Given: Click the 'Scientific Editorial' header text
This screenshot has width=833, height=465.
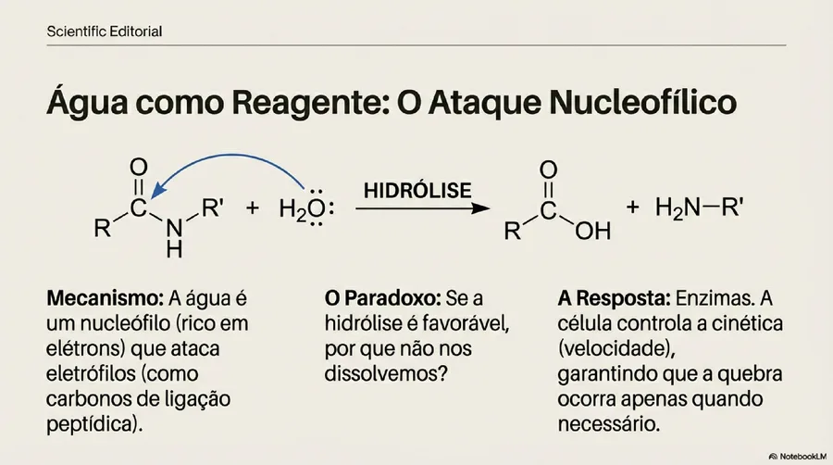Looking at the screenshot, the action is [x=104, y=31].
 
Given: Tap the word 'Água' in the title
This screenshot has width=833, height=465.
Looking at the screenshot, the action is [x=87, y=101].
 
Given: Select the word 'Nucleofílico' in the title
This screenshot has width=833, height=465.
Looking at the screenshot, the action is [x=643, y=102].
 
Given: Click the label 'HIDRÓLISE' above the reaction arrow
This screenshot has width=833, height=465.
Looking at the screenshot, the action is [x=417, y=190].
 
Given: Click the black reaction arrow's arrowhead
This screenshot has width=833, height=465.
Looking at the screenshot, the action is [x=480, y=208].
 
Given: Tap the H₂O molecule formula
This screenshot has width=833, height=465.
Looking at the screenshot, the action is [x=306, y=208].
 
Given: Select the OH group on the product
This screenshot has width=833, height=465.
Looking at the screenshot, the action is [x=593, y=231].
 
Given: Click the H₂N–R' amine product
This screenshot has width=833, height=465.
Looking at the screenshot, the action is [x=699, y=207].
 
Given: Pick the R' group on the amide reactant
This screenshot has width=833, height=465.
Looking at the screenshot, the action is [x=212, y=207].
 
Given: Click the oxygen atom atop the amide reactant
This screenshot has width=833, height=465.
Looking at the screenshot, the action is [x=139, y=167].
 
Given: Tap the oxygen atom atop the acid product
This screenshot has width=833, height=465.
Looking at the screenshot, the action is [x=548, y=170].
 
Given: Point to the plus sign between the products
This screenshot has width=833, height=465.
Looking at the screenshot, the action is [x=632, y=207].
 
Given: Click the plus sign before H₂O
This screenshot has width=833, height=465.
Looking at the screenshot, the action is [x=253, y=207].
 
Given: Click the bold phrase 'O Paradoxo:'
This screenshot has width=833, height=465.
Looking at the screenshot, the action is [x=382, y=298].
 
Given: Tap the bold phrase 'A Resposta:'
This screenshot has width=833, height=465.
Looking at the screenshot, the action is [x=615, y=298].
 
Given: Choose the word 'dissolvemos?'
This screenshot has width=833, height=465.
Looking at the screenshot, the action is [x=386, y=373].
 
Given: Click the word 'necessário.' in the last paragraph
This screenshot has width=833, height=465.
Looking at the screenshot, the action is [x=608, y=424].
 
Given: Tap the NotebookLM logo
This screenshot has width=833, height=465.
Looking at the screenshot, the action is [x=798, y=456].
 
